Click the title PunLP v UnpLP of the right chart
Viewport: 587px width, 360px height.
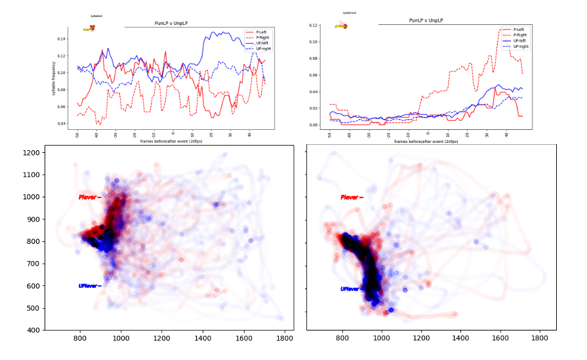point(426,20)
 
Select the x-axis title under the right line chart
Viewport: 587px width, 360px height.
point(426,141)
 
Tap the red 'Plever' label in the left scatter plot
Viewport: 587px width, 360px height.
point(89,197)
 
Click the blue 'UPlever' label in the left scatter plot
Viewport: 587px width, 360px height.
point(89,286)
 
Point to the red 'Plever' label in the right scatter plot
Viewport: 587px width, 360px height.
point(350,197)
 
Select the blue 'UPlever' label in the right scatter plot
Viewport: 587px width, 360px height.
point(350,289)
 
